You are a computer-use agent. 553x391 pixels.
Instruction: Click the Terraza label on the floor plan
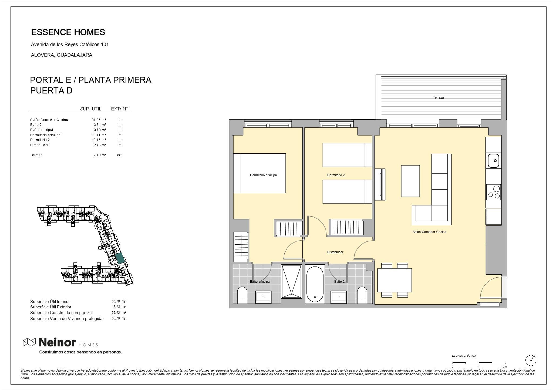tap(438, 97)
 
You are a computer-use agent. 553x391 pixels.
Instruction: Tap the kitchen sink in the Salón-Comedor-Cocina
tap(493, 161)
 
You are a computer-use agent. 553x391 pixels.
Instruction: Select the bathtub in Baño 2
tap(315, 284)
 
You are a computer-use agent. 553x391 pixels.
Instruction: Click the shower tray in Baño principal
tap(291, 282)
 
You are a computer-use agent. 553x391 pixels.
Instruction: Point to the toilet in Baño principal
tap(242, 295)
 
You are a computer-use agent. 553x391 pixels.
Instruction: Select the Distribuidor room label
tap(335, 252)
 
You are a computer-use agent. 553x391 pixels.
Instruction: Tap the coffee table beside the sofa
tap(410, 181)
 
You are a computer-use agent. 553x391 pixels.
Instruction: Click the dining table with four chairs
tap(394, 280)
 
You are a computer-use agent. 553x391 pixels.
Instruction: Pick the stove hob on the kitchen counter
tap(493, 192)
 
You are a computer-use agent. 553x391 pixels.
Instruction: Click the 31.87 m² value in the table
tap(99, 120)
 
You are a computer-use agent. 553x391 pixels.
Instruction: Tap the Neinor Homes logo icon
tap(29, 342)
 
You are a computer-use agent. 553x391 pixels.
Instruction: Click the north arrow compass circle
tap(531, 360)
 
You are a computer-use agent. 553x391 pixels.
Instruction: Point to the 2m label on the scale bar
tap(505, 367)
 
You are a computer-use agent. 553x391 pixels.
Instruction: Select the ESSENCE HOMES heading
tap(68, 32)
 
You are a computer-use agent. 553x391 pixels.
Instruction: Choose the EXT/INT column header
tap(120, 109)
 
